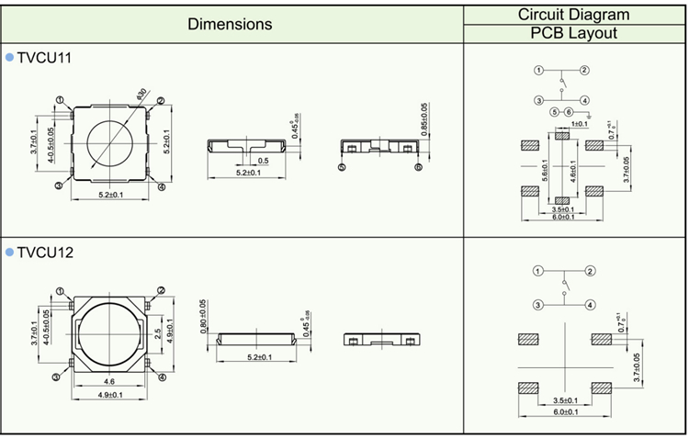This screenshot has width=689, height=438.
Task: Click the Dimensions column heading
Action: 230,25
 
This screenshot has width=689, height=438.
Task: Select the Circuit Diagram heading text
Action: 573,14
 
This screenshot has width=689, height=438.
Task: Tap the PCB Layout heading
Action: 573,34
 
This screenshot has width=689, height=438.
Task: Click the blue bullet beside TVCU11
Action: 9,58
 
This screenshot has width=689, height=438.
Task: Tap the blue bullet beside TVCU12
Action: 9,251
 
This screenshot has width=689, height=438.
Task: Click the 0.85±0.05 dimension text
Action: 424,119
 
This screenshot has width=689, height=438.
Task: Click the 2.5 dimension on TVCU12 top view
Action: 157,331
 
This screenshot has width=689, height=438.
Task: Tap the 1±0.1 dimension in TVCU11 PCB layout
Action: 580,123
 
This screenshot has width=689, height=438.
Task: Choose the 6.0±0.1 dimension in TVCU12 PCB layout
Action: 564,412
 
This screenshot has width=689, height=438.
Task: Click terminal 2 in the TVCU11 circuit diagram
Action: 584,71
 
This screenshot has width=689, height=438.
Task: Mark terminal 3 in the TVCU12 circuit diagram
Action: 538,304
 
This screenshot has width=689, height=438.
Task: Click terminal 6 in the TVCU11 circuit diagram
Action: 569,112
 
